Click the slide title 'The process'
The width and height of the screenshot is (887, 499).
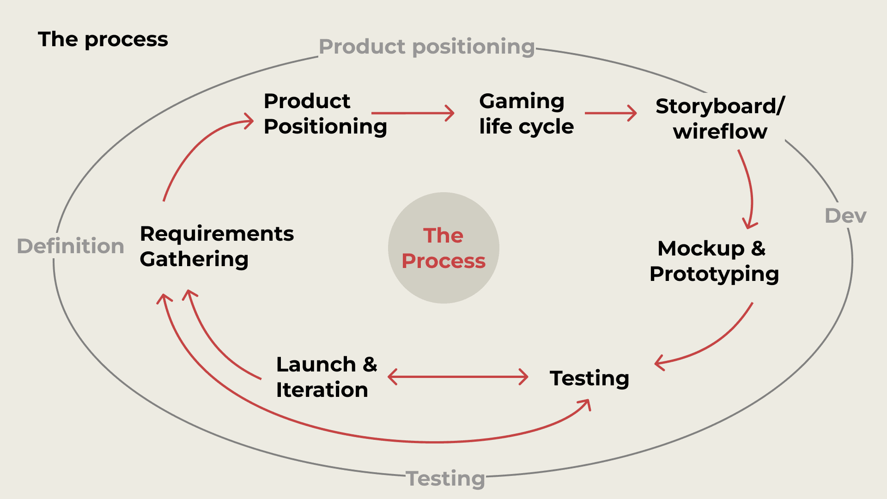click(x=103, y=39)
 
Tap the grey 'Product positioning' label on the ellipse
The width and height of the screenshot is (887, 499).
click(x=426, y=47)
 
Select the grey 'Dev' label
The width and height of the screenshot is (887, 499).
click(x=845, y=216)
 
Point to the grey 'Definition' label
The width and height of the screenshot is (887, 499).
click(x=71, y=246)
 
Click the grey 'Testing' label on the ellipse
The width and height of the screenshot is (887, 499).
click(x=446, y=478)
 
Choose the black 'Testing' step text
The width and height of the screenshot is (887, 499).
click(x=589, y=378)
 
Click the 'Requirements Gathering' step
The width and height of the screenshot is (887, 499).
click(x=217, y=246)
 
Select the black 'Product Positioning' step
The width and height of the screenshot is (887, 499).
click(x=325, y=114)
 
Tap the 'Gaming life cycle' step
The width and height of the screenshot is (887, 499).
click(x=526, y=114)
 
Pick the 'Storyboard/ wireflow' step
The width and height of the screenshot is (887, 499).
click(x=720, y=119)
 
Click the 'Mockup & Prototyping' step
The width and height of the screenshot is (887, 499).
click(x=714, y=261)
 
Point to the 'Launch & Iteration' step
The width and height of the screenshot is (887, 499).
click(x=326, y=377)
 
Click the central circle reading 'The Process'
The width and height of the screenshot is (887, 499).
click(x=443, y=248)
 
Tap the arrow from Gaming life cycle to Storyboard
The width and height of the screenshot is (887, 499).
click(x=610, y=113)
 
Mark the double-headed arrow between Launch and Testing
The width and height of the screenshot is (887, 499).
click(x=458, y=377)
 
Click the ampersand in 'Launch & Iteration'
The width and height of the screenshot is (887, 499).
click(x=370, y=365)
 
